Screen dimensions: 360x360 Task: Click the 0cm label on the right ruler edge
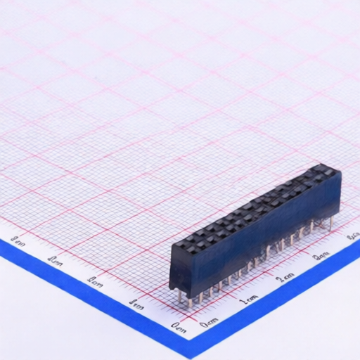[209, 323]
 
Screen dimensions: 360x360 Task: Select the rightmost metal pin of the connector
[330, 223]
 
